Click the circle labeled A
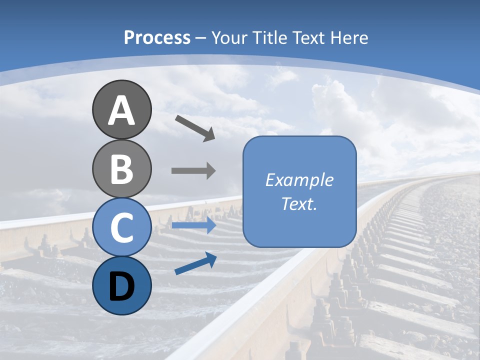[121, 109]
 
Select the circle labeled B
[121, 168]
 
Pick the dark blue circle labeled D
[121, 285]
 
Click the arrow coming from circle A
[195, 128]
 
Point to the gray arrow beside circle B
[193, 171]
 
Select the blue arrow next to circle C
[193, 225]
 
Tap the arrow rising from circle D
[195, 263]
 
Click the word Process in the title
[157, 37]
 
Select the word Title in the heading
[269, 37]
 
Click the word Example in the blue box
[299, 180]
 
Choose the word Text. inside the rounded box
[299, 203]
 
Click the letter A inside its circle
[121, 110]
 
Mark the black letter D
[121, 286]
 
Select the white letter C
[121, 227]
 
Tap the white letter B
[121, 169]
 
